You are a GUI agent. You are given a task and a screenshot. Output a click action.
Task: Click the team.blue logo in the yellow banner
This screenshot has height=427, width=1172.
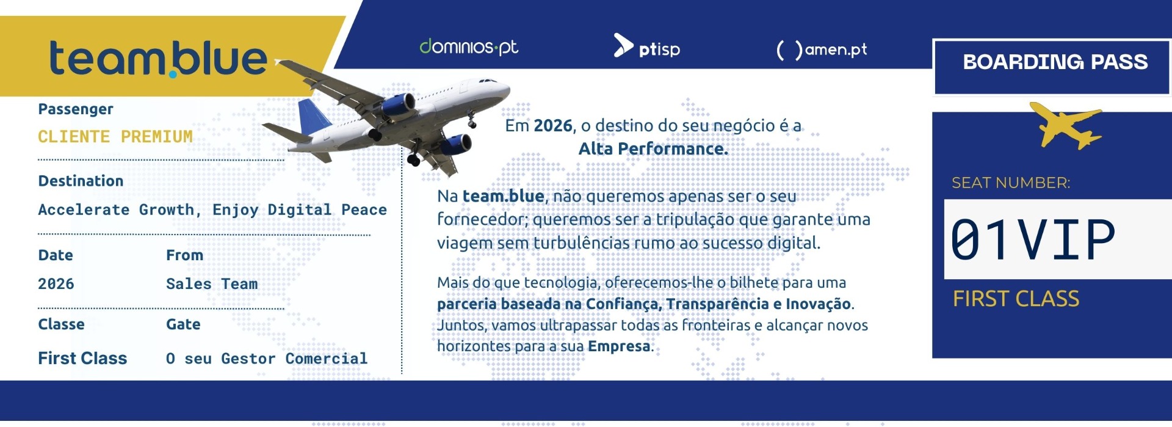click(x=158, y=59)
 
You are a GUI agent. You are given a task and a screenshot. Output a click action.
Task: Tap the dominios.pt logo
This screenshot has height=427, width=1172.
click(x=469, y=47)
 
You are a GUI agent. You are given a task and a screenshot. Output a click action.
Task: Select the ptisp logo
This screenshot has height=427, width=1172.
click(x=646, y=46)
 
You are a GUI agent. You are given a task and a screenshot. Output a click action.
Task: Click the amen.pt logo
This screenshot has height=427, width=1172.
click(x=821, y=49)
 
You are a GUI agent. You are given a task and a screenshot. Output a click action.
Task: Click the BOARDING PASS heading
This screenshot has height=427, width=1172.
click(x=1055, y=62)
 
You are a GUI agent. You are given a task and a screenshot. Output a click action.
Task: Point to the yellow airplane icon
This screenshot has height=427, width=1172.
click(x=1066, y=125)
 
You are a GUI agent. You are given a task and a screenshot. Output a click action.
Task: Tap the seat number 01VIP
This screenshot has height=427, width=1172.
click(x=1033, y=239)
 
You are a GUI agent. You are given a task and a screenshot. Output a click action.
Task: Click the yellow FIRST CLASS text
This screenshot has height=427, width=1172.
click(x=1016, y=299)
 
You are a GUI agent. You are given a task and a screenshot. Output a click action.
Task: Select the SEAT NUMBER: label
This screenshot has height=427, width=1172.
click(x=1011, y=183)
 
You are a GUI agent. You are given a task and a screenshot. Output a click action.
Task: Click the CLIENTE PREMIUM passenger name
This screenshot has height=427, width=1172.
click(x=115, y=136)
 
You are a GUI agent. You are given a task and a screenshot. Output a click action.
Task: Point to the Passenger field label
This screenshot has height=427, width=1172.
click(x=76, y=109)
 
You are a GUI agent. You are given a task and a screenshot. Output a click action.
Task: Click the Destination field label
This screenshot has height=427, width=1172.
click(x=81, y=181)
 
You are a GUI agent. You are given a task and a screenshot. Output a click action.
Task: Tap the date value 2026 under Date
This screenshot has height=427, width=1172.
click(x=56, y=283)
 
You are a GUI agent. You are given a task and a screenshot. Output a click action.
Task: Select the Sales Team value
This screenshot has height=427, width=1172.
click(x=212, y=283)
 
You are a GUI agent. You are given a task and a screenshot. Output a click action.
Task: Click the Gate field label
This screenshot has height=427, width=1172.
click(x=183, y=324)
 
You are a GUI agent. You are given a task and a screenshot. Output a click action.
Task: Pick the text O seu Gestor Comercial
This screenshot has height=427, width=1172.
click(x=267, y=359)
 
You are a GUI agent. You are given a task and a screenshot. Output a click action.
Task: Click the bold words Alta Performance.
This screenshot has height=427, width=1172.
click(x=653, y=149)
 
